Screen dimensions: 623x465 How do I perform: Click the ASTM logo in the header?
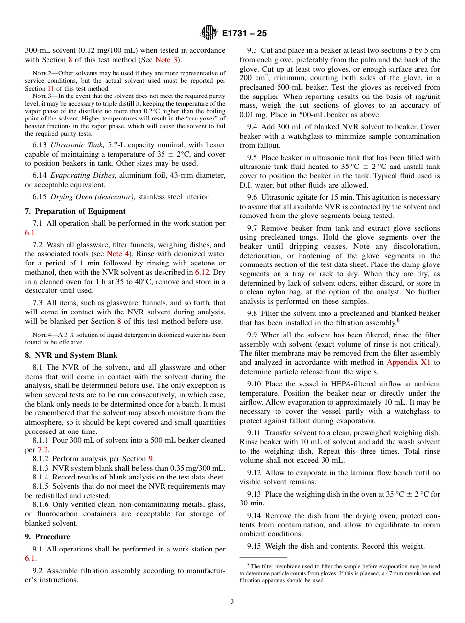click(x=209, y=33)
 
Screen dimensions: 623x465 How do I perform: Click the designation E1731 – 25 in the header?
click(x=244, y=34)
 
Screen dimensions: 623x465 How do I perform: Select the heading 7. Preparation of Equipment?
click(x=75, y=211)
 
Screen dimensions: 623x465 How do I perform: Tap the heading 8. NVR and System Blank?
click(x=71, y=355)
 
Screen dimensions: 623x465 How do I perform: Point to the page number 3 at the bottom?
click(x=232, y=601)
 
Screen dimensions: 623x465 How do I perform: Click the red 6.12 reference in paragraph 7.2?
click(x=201, y=272)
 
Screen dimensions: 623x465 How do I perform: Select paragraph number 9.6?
click(x=252, y=197)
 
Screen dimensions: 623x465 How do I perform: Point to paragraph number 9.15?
click(x=254, y=546)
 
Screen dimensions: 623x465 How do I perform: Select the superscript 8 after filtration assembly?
click(x=399, y=320)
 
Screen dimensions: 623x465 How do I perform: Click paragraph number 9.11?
click(x=254, y=433)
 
